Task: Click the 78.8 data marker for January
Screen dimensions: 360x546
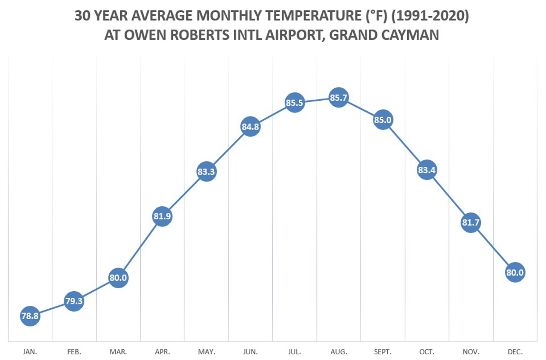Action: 30,316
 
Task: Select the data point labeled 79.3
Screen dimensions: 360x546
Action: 74,301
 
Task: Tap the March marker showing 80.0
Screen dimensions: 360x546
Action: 118,278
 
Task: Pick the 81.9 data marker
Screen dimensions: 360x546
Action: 162,216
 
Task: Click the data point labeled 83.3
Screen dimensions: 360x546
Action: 206,172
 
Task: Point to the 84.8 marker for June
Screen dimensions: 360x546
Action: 250,126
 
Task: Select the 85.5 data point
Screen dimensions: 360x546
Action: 294,103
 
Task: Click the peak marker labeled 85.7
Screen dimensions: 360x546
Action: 338,98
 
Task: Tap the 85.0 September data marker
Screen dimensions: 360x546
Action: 383,120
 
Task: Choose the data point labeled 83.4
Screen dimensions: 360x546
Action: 427,170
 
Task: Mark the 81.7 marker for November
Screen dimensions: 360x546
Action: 471,223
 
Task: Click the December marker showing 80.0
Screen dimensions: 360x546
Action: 515,272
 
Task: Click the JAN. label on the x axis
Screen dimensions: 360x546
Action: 30,352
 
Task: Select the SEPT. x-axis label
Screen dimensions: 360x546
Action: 383,352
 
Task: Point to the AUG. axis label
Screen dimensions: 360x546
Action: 339,352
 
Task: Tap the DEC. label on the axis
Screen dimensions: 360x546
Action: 515,352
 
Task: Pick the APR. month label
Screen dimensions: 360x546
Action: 163,352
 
